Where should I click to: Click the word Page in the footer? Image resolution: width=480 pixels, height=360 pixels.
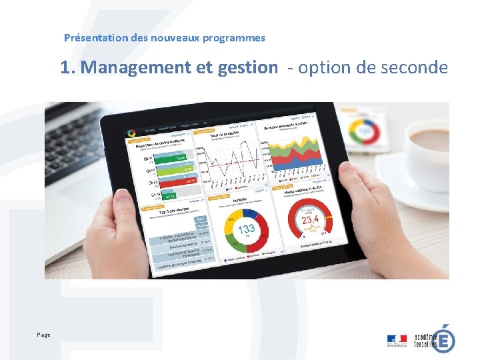pyautogui.click(x=44, y=335)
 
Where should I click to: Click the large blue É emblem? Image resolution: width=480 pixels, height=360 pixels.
pyautogui.click(x=445, y=338)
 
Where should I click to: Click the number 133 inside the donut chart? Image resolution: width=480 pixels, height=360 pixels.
pyautogui.click(x=247, y=229)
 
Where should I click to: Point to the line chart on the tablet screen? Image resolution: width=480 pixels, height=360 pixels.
pyautogui.click(x=230, y=160)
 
